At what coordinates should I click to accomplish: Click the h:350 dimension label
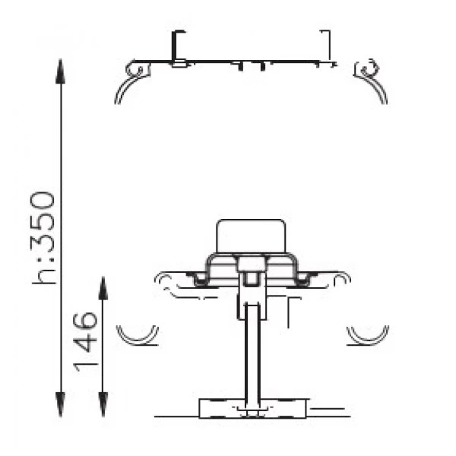pos(43,238)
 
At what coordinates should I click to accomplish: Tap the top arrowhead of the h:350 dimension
pos(61,71)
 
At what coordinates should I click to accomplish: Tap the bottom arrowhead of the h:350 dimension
pos(61,404)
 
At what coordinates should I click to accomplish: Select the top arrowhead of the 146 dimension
pos(103,288)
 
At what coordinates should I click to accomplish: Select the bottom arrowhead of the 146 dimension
pos(103,404)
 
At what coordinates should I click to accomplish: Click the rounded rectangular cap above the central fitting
pos(251,236)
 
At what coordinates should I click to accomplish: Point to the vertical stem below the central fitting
pos(252,352)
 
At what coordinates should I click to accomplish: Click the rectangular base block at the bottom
pos(252,408)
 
